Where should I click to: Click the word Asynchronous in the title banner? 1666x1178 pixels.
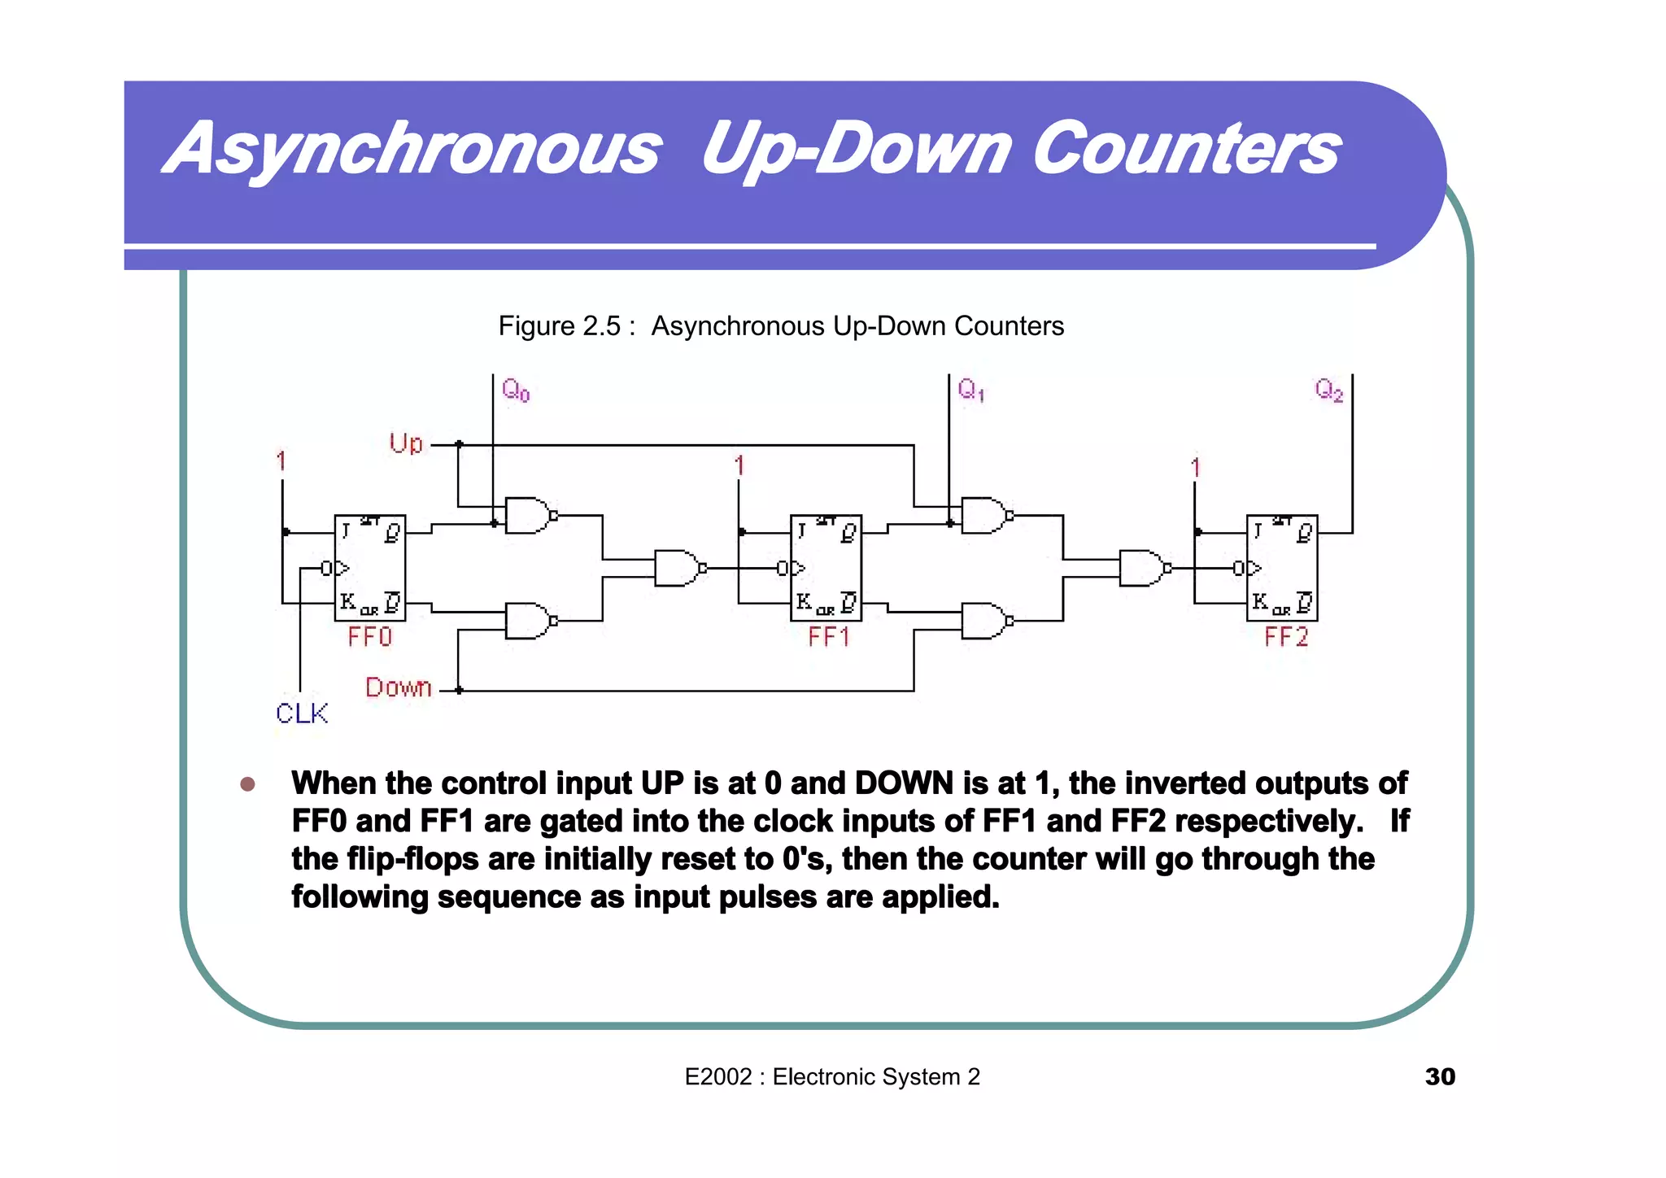point(412,149)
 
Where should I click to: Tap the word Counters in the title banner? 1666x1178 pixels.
point(1185,149)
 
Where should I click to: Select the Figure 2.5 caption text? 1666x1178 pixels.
point(780,326)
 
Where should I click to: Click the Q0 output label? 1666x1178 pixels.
point(516,390)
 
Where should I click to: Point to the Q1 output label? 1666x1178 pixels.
point(970,390)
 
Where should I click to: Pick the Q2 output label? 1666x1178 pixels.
point(1328,390)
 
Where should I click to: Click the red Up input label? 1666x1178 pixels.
point(406,444)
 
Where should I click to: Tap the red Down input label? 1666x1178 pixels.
point(398,688)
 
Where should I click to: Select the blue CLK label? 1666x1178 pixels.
point(301,713)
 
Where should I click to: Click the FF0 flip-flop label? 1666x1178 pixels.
point(369,637)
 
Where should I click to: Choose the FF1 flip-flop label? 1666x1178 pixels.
point(828,637)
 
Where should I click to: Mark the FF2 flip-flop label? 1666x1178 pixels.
point(1286,637)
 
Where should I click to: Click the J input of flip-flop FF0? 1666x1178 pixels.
point(346,532)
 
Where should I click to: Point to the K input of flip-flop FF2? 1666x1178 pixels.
point(1259,602)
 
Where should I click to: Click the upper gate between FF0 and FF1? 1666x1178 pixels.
point(528,516)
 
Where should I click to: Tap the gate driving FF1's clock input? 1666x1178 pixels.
point(677,568)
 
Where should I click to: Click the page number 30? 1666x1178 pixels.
point(1439,1076)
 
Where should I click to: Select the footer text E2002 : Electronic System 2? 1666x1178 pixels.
point(832,1076)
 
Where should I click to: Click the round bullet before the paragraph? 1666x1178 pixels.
point(248,784)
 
